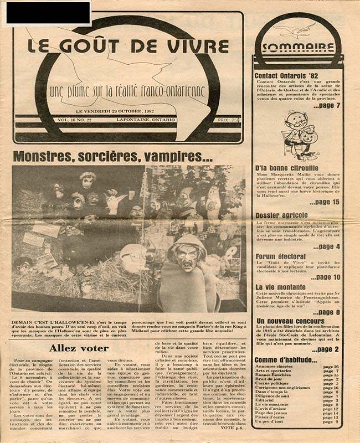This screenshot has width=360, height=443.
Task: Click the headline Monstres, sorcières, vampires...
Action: [112, 156]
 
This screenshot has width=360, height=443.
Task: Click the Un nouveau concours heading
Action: [290, 321]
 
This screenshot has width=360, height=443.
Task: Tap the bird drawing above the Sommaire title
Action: [298, 29]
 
